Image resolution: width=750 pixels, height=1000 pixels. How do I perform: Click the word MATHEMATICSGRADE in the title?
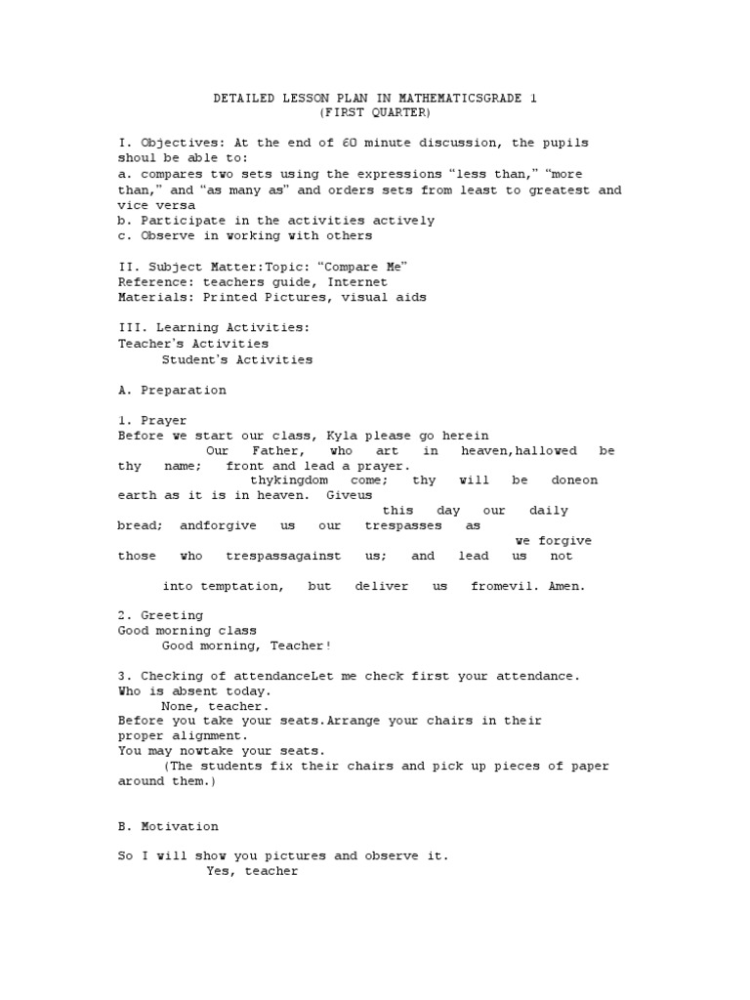(437, 99)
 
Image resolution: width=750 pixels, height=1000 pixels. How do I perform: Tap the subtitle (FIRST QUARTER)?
(375, 113)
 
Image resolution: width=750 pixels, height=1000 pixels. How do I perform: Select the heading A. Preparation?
(172, 391)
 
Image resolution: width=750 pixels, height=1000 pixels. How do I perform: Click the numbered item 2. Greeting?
(161, 616)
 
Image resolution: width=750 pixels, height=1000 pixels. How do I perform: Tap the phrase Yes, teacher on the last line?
(252, 872)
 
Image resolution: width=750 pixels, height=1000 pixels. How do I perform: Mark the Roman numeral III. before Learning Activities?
(130, 329)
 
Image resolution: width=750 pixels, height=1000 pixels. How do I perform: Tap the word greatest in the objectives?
(554, 190)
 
